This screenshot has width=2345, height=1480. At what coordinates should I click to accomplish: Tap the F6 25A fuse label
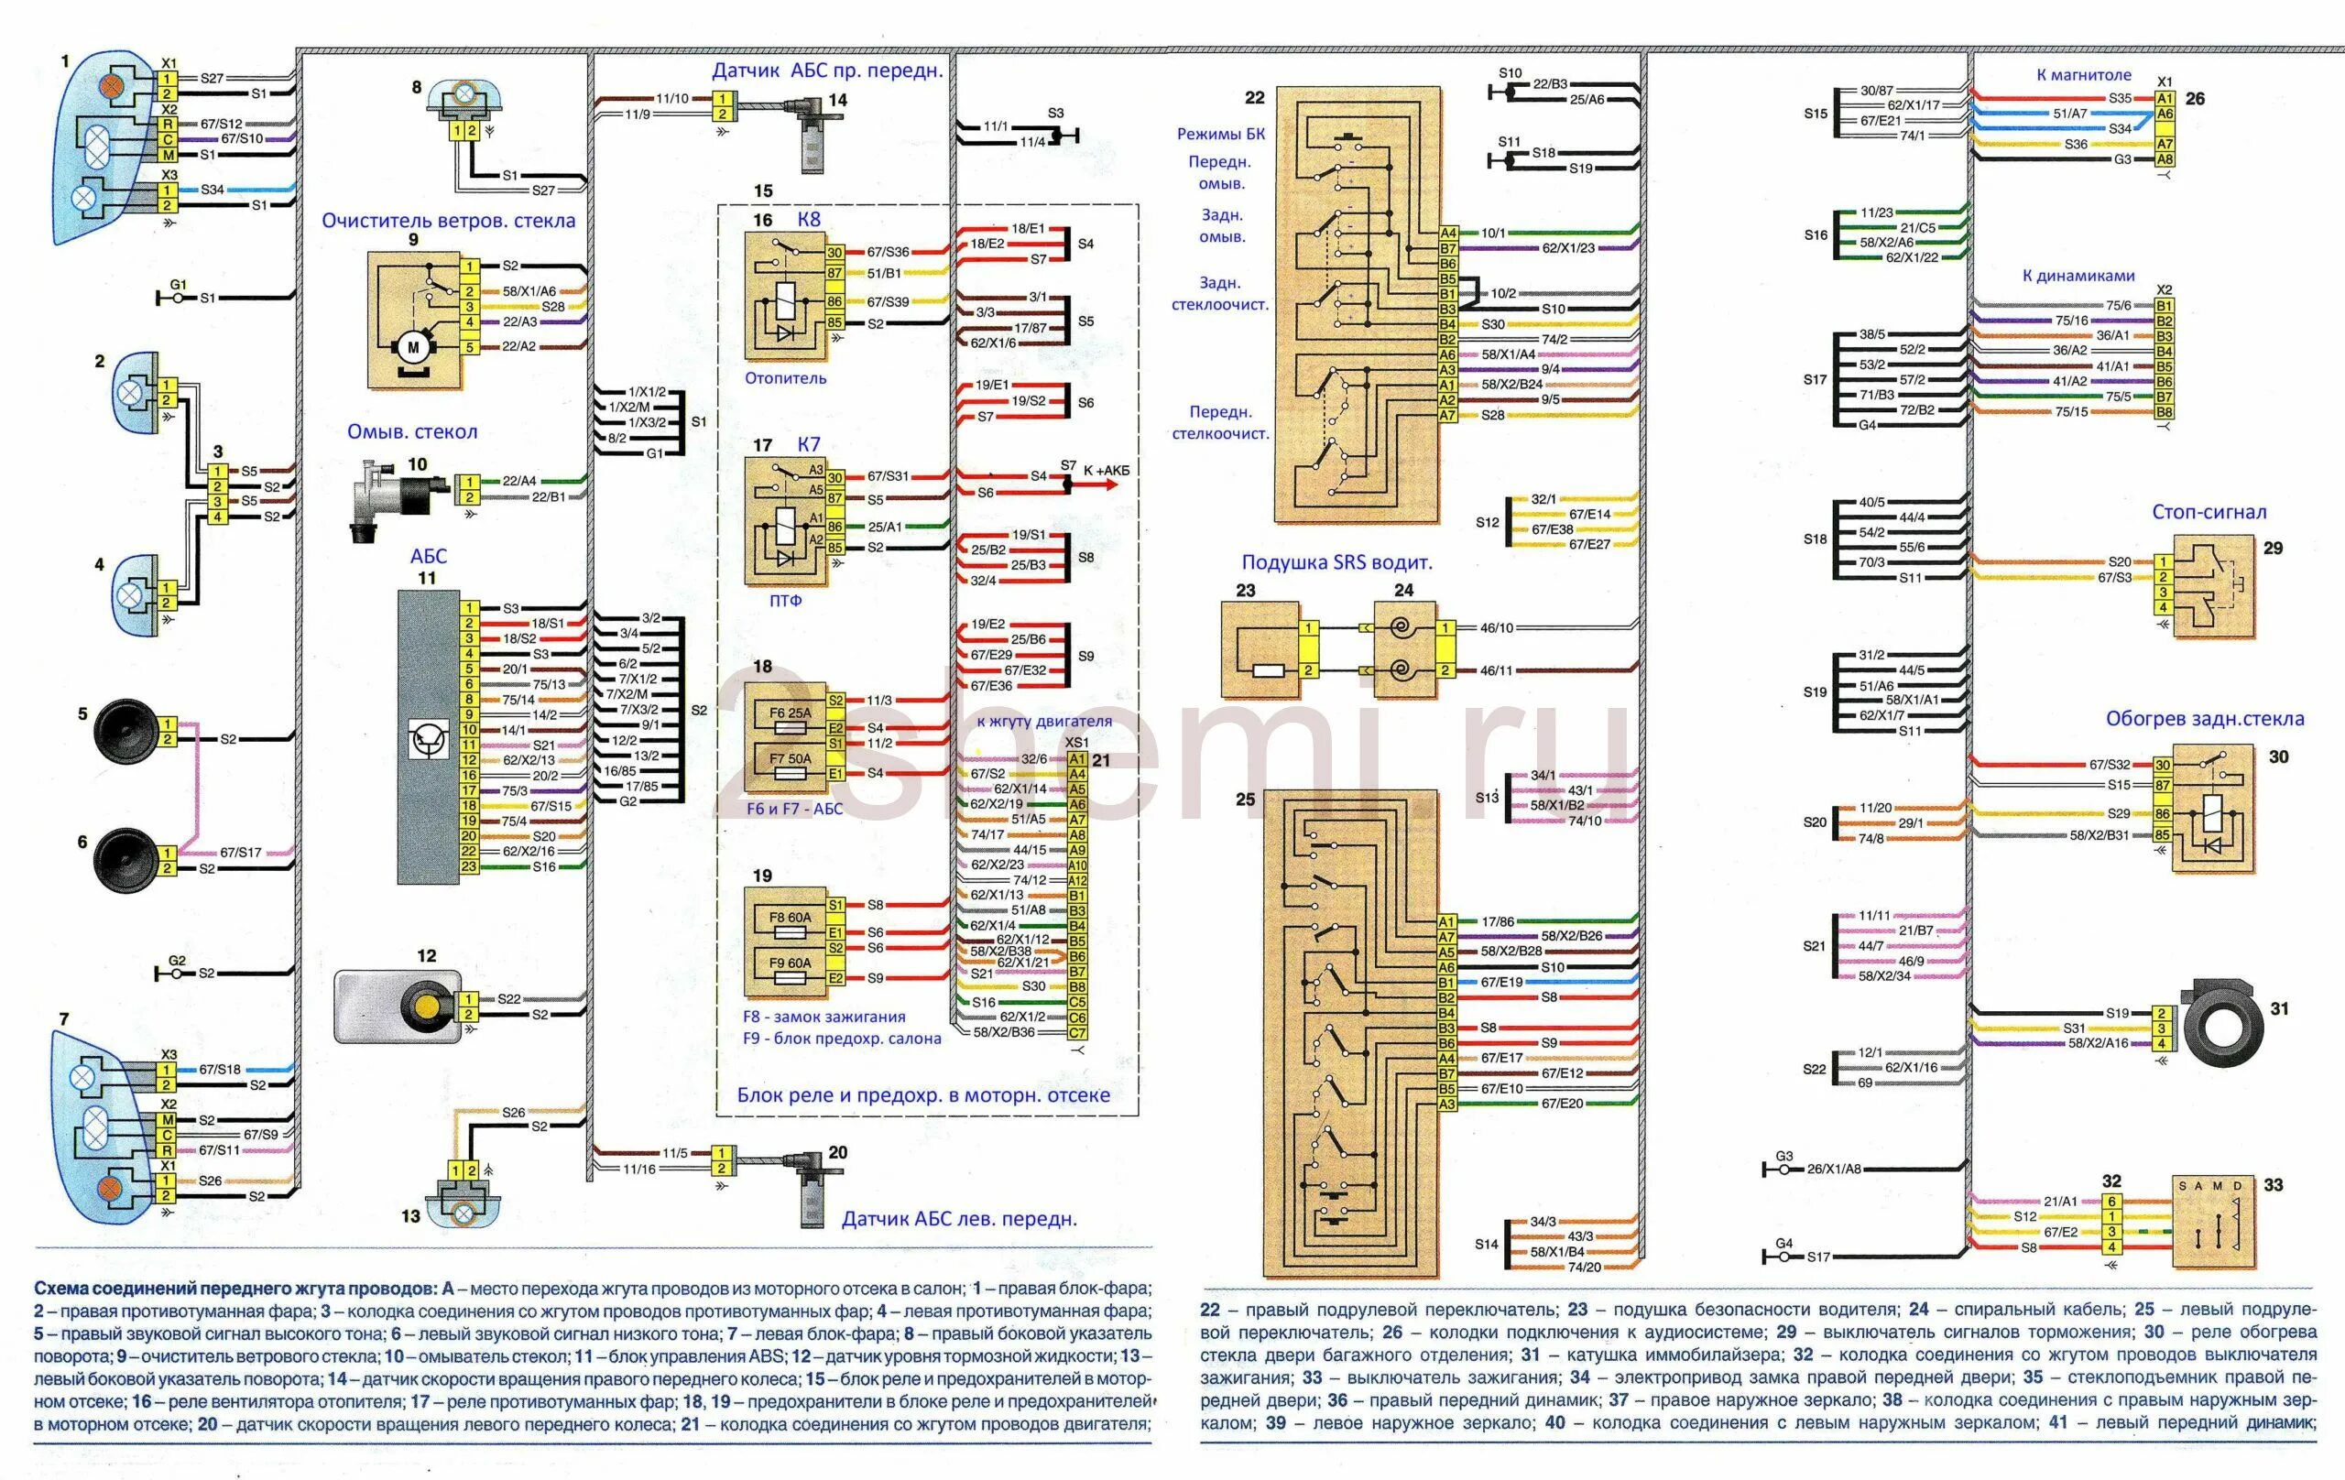790,713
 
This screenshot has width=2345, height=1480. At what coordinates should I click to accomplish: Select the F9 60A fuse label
790,963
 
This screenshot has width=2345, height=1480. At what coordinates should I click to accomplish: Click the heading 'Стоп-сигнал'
2209,512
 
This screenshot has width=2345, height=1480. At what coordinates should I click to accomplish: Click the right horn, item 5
125,730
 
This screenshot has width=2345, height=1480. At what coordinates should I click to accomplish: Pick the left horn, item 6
125,858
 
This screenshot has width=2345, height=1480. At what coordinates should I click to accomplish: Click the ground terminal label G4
1783,1244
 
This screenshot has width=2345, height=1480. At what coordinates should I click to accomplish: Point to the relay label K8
808,219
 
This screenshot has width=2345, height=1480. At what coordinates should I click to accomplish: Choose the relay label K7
808,444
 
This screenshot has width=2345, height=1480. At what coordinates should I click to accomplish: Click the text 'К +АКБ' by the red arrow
1107,471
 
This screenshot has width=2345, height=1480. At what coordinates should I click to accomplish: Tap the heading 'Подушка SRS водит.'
1336,563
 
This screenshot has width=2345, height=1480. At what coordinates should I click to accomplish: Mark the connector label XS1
1077,742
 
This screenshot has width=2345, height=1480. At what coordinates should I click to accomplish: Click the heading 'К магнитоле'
2083,75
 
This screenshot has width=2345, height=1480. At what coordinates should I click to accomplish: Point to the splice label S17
1816,380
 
